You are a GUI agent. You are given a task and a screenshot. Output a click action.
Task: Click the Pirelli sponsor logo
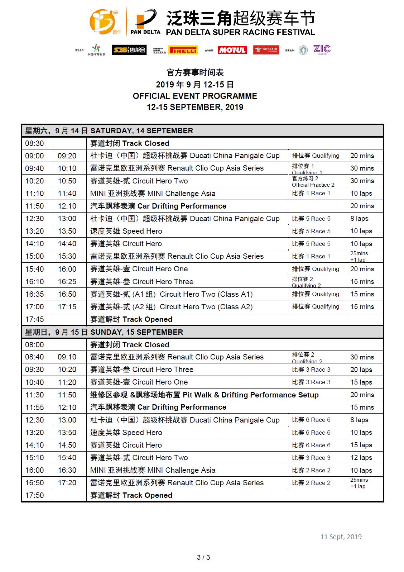[x=183, y=50]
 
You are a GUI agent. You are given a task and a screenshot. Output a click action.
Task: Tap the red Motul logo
[x=232, y=50]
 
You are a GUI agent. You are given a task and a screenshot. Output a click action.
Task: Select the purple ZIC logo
[x=322, y=49]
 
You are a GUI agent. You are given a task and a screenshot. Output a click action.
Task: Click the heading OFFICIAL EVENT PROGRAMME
[x=195, y=96]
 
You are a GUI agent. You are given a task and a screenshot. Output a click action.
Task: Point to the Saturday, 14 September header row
[x=202, y=130]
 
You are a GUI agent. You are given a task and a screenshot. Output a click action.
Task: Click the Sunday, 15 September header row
[x=202, y=332]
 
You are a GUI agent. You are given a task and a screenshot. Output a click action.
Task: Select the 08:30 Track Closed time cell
[x=35, y=143]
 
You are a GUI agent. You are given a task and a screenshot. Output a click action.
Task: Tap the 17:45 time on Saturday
[x=35, y=319]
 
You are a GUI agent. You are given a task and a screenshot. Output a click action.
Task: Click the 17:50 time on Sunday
[x=35, y=495]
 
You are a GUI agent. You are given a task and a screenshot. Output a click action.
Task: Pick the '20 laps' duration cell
[x=361, y=370]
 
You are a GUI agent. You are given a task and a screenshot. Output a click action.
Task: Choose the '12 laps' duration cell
[x=361, y=458]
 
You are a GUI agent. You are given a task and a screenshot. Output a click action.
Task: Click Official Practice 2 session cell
[x=313, y=181]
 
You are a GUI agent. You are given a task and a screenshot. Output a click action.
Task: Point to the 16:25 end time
[x=67, y=282]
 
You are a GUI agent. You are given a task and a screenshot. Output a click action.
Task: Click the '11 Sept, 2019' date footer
[x=341, y=537]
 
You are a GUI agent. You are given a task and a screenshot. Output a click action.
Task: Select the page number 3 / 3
[x=203, y=557]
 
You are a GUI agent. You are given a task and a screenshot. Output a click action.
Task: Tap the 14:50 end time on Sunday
[x=67, y=445]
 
